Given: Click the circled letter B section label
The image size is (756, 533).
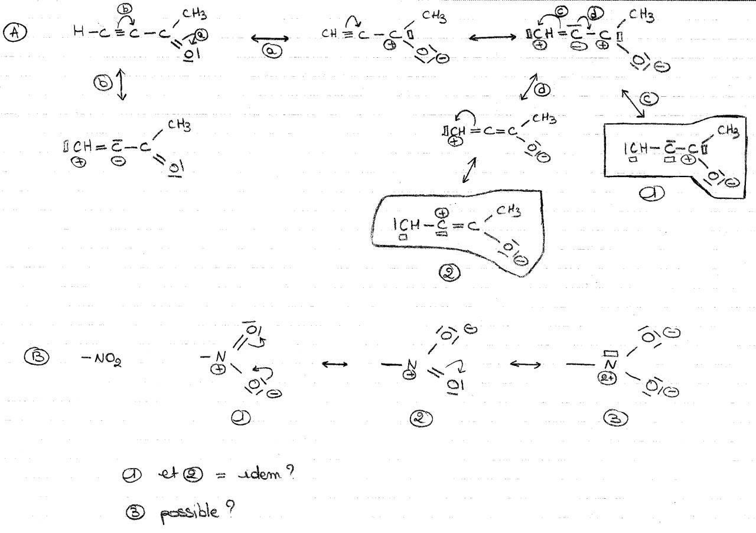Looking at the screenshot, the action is pos(32,356).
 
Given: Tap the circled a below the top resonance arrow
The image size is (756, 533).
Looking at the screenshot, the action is pos(273,53).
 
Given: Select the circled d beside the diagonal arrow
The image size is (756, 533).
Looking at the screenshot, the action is pos(542,90).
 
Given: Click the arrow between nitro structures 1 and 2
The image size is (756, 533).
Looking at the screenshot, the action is pos(334,364).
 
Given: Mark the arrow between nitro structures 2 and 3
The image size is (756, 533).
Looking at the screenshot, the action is pos(524,364).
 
